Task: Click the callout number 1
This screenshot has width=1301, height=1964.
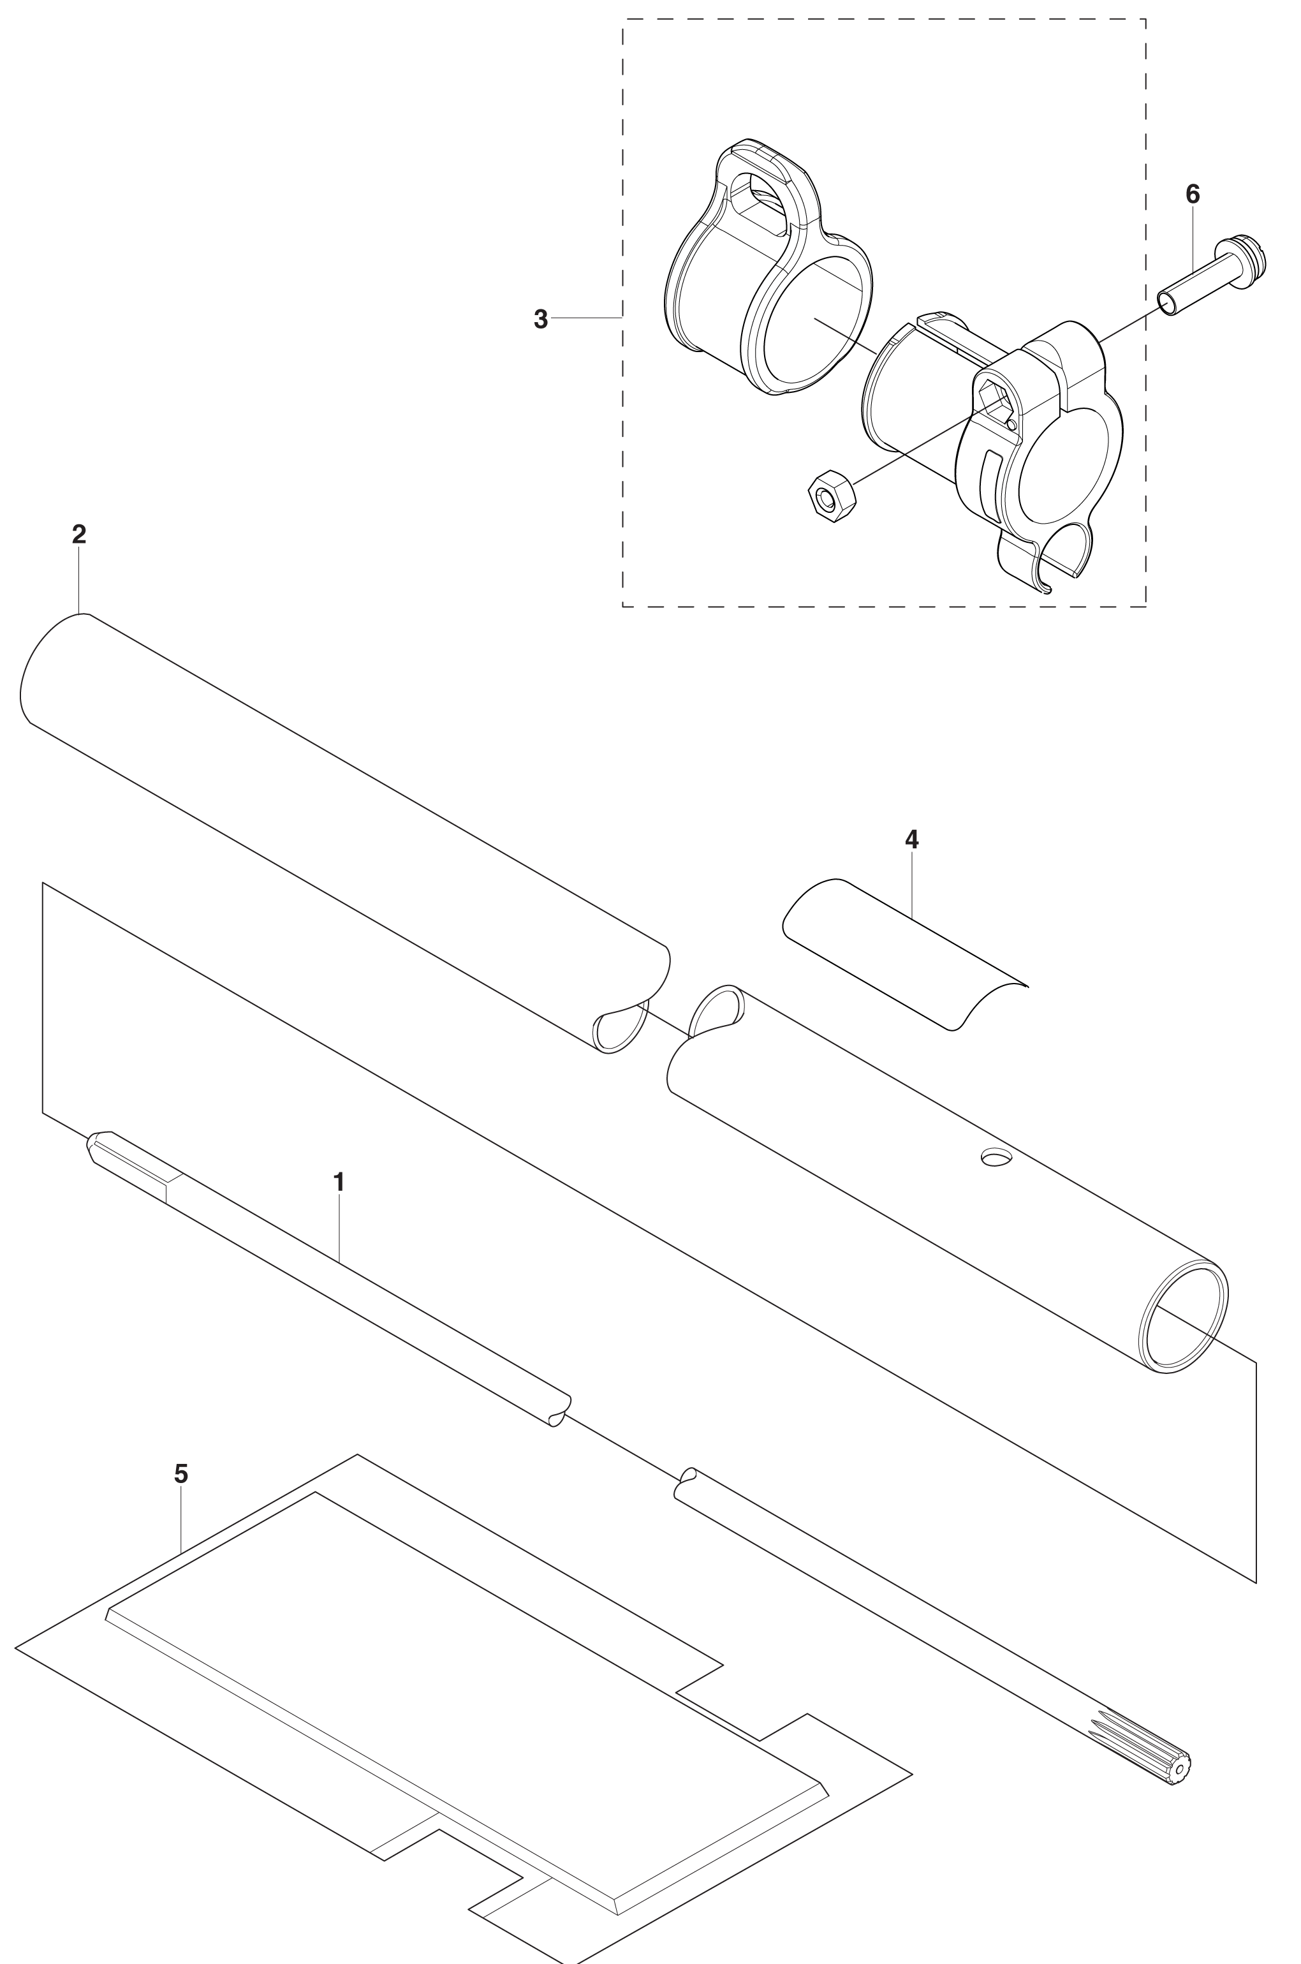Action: pyautogui.click(x=339, y=1181)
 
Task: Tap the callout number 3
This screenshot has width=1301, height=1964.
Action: pyautogui.click(x=541, y=320)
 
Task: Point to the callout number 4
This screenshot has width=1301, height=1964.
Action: pyautogui.click(x=912, y=839)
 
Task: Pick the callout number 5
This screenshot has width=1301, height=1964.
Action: pyautogui.click(x=181, y=1475)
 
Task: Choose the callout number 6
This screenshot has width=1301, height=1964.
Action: pyautogui.click(x=1193, y=194)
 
